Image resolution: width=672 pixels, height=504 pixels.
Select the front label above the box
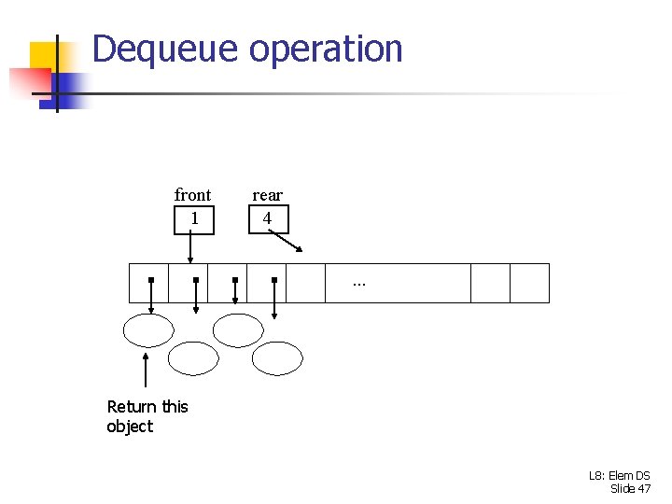click(192, 195)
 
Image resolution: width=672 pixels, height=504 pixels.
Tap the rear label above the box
click(267, 195)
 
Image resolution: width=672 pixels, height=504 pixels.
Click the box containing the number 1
click(193, 218)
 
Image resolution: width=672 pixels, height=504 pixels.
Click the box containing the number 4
click(268, 218)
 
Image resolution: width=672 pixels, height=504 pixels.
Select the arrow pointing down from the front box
click(190, 249)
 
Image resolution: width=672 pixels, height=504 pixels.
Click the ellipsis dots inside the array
click(359, 282)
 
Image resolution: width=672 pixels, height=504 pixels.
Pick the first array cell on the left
click(148, 284)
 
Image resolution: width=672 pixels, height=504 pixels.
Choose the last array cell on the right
click(529, 284)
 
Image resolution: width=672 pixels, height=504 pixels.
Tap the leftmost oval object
click(149, 330)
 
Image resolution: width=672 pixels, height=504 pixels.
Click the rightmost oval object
click(278, 357)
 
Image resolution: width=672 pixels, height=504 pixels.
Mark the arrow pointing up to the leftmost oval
click(146, 370)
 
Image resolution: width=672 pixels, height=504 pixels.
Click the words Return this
click(147, 407)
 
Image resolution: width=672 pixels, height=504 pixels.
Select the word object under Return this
click(130, 427)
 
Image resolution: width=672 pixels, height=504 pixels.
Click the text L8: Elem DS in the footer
click(619, 476)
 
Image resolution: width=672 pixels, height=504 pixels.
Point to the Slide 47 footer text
click(630, 489)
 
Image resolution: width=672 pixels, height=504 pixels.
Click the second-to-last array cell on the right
click(490, 284)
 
